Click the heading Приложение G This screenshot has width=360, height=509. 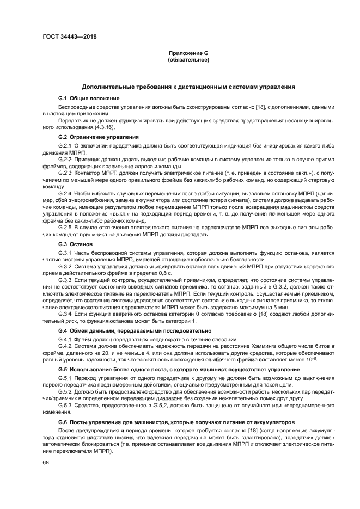188,53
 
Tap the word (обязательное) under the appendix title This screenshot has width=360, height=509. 188,60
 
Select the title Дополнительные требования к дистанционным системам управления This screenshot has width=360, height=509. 188,87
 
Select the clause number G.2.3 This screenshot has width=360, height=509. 65,171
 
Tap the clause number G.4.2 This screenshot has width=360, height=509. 65,347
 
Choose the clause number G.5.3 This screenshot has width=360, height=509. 65,404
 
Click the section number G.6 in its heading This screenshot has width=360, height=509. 62,421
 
